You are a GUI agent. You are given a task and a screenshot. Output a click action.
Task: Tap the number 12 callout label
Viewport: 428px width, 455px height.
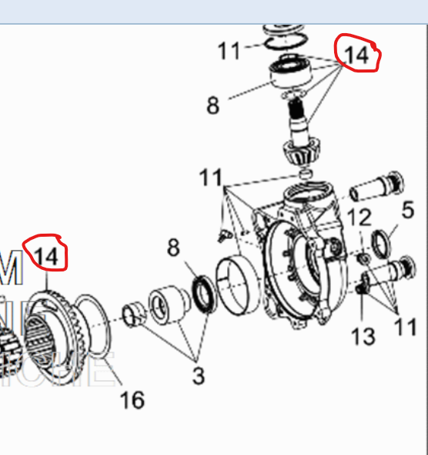click(359, 218)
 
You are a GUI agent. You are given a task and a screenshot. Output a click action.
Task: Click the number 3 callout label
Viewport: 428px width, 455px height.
click(198, 376)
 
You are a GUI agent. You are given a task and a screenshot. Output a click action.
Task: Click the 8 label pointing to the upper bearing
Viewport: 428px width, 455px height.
click(212, 105)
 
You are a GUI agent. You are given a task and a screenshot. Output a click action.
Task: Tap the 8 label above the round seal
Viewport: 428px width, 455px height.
click(175, 248)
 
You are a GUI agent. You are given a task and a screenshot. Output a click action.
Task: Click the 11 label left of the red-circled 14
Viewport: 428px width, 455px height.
click(229, 52)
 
